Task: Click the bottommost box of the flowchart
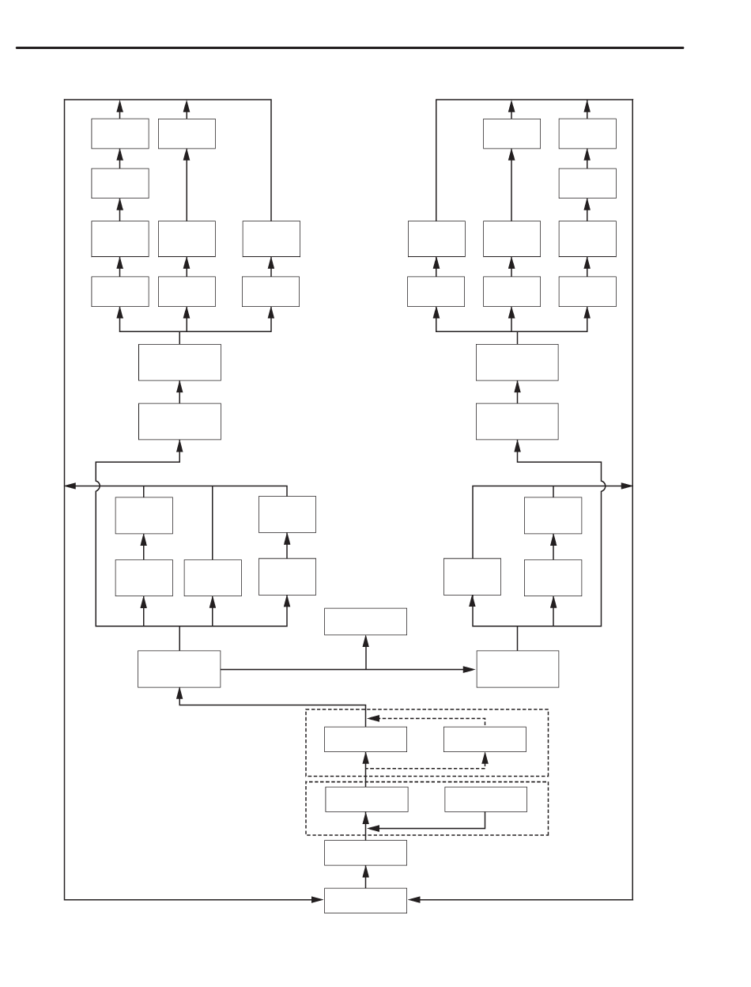pos(365,900)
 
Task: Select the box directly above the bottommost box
pos(365,853)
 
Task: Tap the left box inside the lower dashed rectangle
pos(367,799)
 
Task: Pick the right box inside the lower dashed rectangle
pos(485,799)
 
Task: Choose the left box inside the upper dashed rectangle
pos(365,739)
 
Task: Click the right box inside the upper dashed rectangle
pos(485,739)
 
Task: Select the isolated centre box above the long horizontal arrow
pos(365,622)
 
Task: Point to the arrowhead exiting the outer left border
pos(70,485)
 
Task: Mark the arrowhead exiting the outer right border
pos(627,485)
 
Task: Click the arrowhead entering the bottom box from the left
pos(319,899)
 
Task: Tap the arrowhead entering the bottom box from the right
pos(413,899)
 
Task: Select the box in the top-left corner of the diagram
pos(119,134)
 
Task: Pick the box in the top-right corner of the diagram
pos(587,134)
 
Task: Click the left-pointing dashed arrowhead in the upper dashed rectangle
pos(375,719)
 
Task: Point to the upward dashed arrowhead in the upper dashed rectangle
pos(485,758)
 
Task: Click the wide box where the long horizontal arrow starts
pos(179,669)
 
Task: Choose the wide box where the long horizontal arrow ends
pos(518,669)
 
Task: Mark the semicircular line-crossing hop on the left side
pos(96,485)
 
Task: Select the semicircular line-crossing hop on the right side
pos(602,485)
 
